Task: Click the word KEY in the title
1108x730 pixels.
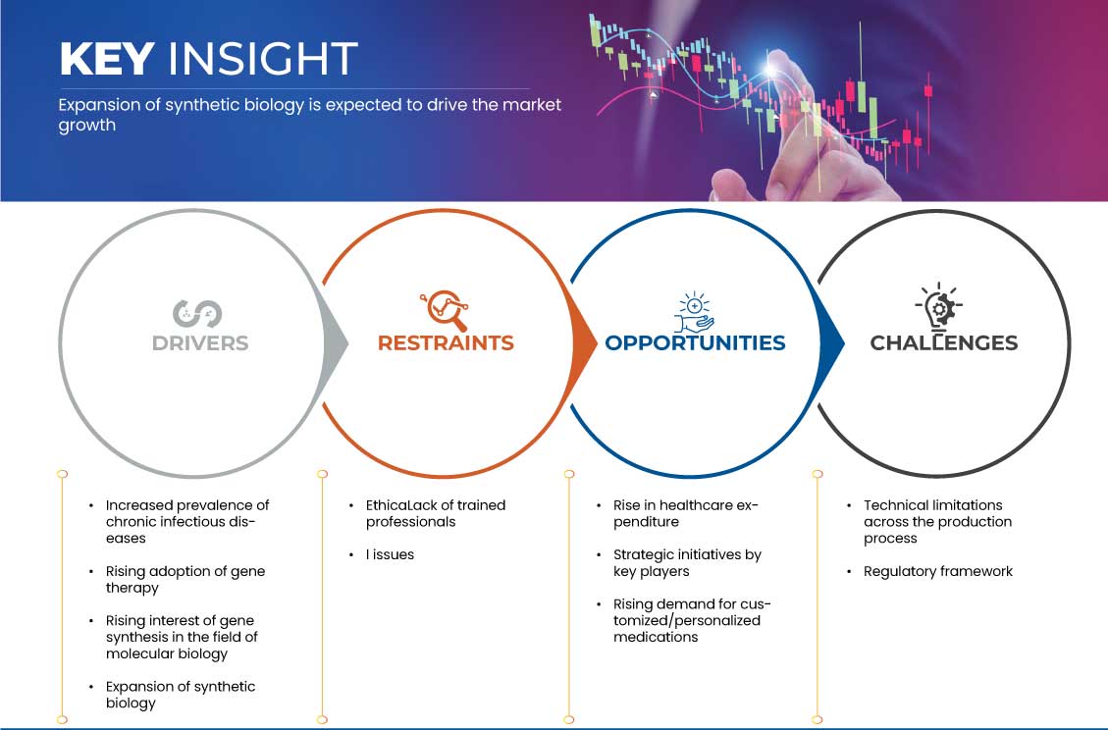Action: click(107, 59)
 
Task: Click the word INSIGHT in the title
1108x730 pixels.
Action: click(263, 59)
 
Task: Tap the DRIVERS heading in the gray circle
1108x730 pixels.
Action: click(200, 342)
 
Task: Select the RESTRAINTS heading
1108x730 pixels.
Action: click(446, 342)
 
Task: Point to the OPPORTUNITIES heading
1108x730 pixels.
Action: click(695, 342)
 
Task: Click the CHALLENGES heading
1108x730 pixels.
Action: click(943, 342)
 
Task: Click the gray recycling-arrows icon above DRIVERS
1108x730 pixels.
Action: click(197, 314)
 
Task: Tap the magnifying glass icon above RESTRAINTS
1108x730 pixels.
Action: click(445, 310)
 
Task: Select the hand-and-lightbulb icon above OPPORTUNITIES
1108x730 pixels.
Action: click(694, 312)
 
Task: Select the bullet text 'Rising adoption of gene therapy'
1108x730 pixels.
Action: click(185, 580)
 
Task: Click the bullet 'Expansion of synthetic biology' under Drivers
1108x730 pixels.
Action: click(181, 695)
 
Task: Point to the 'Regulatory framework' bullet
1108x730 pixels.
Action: click(937, 571)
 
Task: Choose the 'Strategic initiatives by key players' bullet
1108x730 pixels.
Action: click(687, 563)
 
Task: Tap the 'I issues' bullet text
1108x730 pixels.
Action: click(390, 554)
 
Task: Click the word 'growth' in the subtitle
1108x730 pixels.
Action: click(87, 126)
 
